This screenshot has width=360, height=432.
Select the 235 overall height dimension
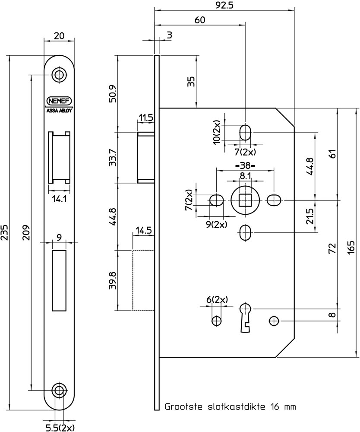click(x=5, y=234)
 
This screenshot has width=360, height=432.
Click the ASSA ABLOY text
click(x=59, y=110)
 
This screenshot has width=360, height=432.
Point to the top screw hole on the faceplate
click(x=59, y=75)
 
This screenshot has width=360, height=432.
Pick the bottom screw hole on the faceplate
click(x=59, y=390)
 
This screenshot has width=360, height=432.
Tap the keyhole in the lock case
click(x=244, y=317)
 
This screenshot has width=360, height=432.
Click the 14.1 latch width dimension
click(x=58, y=200)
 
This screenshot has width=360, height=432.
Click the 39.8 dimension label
click(x=113, y=281)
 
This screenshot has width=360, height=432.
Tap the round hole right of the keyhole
click(x=273, y=321)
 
